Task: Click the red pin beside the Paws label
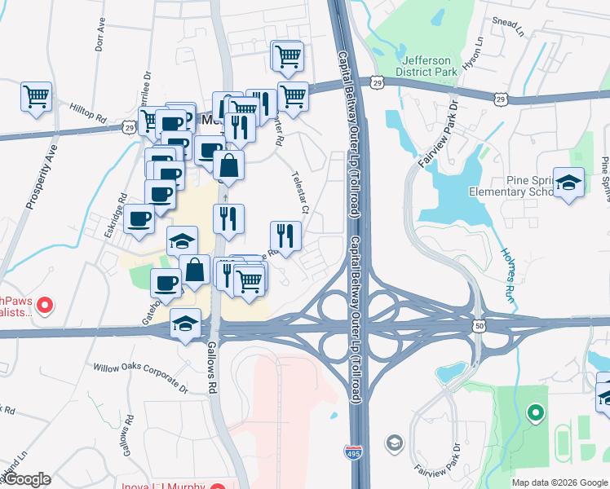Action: [46, 306]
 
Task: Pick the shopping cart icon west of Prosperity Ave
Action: [37, 97]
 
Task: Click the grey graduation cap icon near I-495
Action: [394, 443]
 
